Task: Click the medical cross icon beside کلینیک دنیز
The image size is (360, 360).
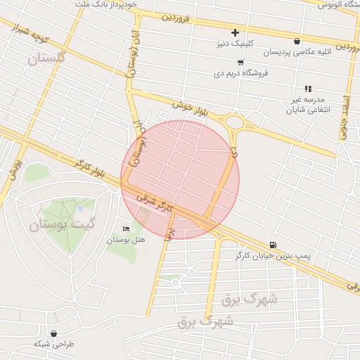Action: tap(235, 32)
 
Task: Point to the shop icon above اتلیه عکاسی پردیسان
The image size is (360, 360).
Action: tap(297, 41)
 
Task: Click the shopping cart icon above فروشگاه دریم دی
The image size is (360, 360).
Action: tap(220, 62)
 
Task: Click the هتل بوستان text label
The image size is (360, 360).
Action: tap(126, 240)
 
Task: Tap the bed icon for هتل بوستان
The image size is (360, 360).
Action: tap(126, 229)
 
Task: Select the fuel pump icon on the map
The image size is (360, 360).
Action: tap(272, 245)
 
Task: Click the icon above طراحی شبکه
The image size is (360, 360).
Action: tap(54, 333)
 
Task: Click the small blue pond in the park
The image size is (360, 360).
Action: tap(81, 208)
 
